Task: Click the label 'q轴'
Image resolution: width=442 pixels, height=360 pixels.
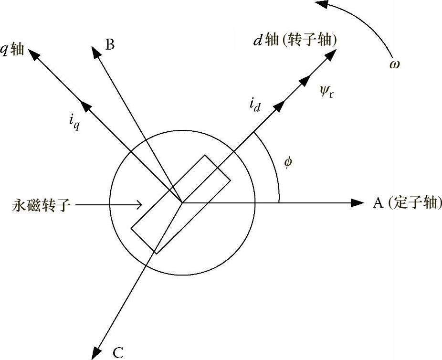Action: pos(13,50)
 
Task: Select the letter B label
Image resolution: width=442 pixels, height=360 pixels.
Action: pos(110,45)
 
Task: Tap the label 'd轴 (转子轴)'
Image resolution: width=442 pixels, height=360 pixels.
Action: pos(295,41)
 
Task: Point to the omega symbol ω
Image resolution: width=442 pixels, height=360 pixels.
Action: pos(394,64)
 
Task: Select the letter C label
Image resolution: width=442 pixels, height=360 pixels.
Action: pos(118,353)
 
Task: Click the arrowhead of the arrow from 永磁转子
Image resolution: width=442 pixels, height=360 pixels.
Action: pos(138,205)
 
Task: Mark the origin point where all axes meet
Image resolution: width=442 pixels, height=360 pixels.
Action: pos(182,203)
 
